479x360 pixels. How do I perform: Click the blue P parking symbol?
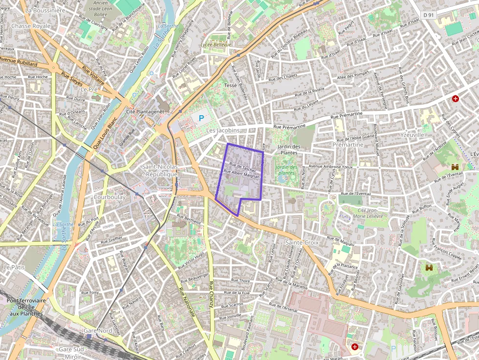click(201, 118)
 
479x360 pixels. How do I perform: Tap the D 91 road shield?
click(429, 15)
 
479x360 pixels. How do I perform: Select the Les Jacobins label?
click(223, 131)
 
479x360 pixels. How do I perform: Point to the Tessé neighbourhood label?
click(230, 85)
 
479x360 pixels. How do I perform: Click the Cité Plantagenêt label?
click(145, 112)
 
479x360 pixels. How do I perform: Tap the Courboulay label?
click(109, 197)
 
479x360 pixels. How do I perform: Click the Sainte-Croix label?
click(301, 242)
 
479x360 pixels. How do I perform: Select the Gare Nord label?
click(98, 331)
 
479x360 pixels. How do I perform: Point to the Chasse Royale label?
click(31, 25)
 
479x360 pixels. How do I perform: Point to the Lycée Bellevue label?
click(216, 44)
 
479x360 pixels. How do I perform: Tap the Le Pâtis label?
click(13, 267)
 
